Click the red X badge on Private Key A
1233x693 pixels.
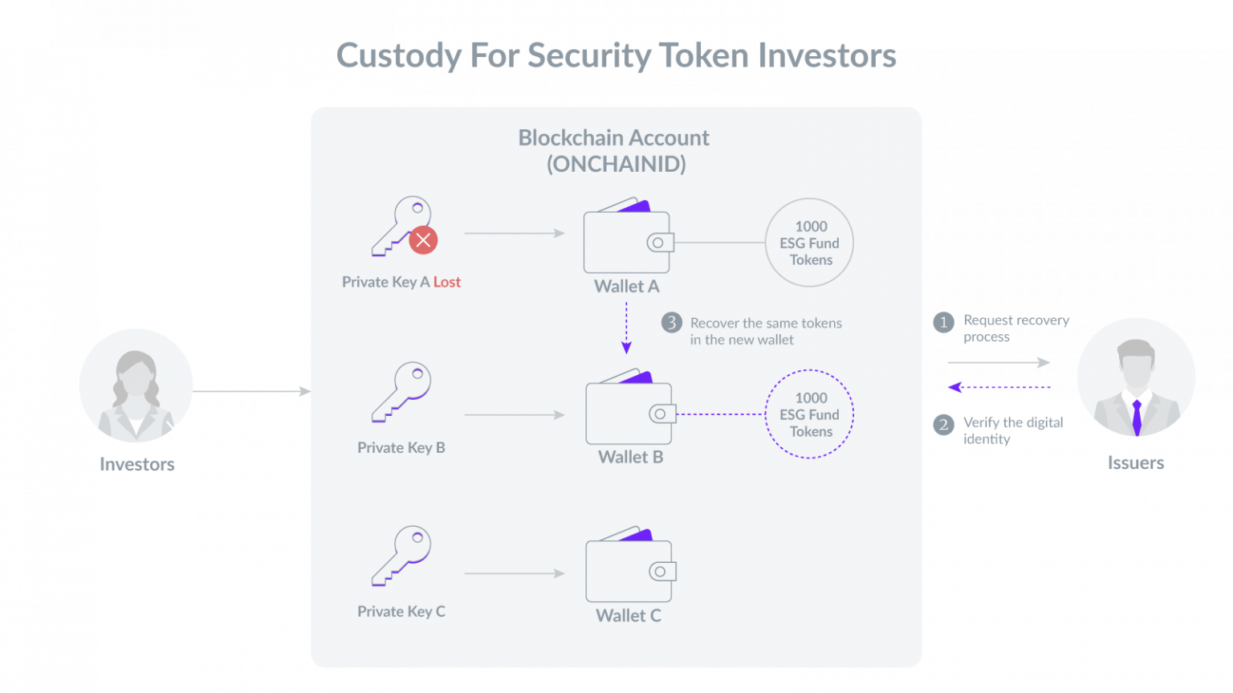(423, 240)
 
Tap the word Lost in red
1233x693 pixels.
(447, 282)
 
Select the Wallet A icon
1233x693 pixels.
(629, 235)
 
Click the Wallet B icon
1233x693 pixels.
(631, 406)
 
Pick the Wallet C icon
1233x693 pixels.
(631, 565)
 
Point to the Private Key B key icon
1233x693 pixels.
(401, 392)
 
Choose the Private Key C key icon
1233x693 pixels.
(401, 556)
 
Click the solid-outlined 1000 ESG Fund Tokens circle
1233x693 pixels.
(809, 199)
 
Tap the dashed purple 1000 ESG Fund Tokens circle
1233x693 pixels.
(809, 370)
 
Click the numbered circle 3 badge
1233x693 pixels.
(672, 323)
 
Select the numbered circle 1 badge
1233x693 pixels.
(943, 322)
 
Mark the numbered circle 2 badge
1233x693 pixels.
(943, 425)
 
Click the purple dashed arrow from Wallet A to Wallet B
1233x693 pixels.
(626, 328)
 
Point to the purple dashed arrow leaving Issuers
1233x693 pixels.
(999, 388)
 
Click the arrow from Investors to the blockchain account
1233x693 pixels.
(252, 391)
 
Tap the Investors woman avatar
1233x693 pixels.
(136, 386)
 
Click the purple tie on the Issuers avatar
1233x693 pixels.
(1137, 418)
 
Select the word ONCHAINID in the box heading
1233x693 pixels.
(616, 164)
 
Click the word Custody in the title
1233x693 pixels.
(398, 56)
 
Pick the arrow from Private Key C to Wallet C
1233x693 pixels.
(515, 573)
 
